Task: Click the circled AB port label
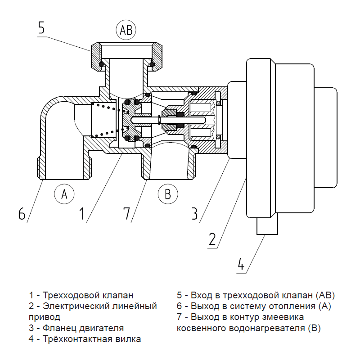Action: tap(126, 30)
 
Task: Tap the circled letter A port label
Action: tap(64, 194)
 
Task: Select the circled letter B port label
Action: tap(168, 194)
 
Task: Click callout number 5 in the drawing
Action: tap(41, 28)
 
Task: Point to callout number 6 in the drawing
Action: tap(22, 213)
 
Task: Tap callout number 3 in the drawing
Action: tap(194, 213)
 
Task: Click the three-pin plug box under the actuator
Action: tap(268, 224)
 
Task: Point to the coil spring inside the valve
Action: tap(106, 120)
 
